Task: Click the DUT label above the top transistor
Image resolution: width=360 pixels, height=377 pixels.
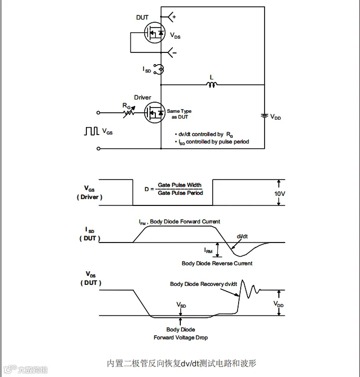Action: (142, 17)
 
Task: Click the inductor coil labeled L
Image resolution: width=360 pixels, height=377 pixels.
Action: (212, 84)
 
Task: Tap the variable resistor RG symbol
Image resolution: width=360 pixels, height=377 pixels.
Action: (127, 112)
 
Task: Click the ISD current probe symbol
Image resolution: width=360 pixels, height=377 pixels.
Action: (159, 69)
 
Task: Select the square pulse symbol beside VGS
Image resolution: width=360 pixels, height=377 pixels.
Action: (91, 131)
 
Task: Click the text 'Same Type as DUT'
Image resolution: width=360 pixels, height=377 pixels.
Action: (179, 114)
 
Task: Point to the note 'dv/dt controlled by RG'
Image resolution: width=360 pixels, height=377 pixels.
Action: (203, 134)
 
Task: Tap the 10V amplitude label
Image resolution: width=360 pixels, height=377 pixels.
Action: (279, 194)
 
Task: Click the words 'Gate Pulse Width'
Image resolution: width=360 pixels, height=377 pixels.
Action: (180, 185)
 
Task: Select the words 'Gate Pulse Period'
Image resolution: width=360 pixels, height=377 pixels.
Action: (180, 193)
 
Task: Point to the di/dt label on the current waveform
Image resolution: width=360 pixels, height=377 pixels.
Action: (242, 236)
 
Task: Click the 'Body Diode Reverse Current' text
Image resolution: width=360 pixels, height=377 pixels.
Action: (217, 263)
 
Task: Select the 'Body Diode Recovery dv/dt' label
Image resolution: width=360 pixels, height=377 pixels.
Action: (204, 284)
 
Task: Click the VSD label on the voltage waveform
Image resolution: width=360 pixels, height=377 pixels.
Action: (181, 305)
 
